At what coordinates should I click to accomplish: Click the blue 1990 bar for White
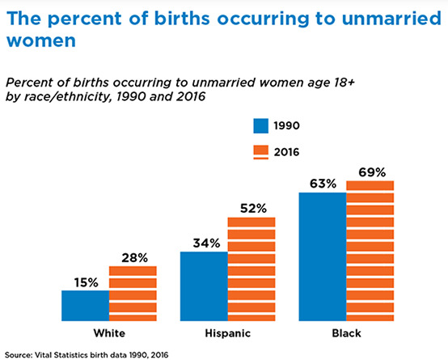coord(86,306)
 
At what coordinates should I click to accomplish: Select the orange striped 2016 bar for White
coord(133,294)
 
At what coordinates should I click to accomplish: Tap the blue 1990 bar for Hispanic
coord(204,286)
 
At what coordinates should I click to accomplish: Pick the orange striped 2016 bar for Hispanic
coord(251,269)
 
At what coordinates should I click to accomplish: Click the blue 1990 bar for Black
coord(323,256)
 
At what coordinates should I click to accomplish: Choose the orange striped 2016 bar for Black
coord(370,251)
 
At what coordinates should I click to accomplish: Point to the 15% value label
coord(87,282)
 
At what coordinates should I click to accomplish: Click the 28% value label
coord(134,258)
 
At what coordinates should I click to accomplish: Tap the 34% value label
coord(206,243)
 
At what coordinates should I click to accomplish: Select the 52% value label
coord(253,209)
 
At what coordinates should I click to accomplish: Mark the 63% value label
coord(323,184)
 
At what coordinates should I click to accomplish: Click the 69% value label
coord(372,172)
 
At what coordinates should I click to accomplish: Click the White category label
coord(109,333)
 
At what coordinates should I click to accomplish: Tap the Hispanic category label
coord(228,333)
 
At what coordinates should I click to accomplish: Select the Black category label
coord(347,333)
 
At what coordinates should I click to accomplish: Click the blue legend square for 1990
coord(261,126)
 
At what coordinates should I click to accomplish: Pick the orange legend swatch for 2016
coord(261,152)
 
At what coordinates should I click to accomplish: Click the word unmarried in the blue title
coord(391,19)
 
